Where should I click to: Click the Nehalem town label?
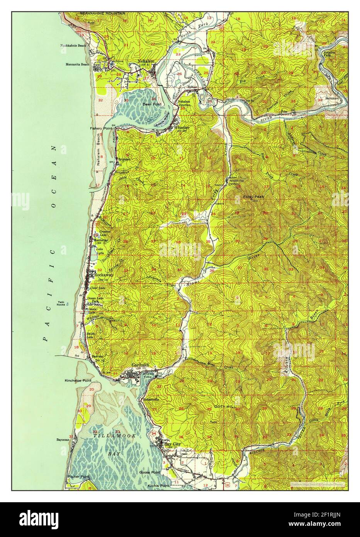coord(146,65)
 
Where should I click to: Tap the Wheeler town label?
coord(182,127)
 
